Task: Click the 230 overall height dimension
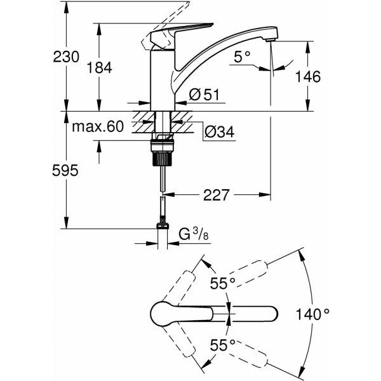click(x=66, y=57)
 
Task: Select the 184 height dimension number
click(x=100, y=67)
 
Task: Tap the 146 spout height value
click(x=307, y=77)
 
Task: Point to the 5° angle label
click(x=242, y=57)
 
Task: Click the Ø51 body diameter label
click(x=204, y=95)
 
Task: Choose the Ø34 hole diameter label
click(x=220, y=132)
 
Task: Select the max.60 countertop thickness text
click(x=98, y=126)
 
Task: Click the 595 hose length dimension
click(x=65, y=170)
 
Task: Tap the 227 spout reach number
click(x=216, y=195)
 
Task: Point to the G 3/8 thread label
click(x=194, y=234)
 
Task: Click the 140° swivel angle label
click(x=312, y=314)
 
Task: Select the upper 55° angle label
click(x=223, y=283)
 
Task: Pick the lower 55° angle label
click(x=223, y=345)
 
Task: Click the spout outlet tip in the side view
click(x=271, y=40)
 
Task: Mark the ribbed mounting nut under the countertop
click(x=163, y=159)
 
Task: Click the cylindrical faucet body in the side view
click(x=163, y=80)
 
